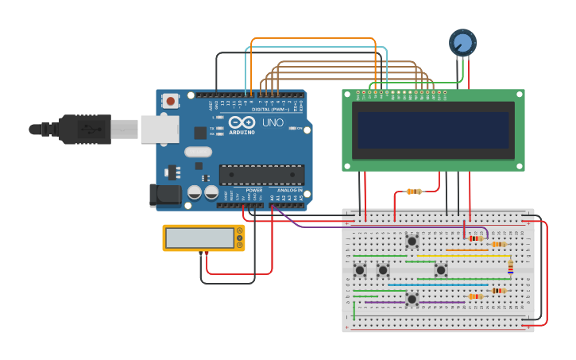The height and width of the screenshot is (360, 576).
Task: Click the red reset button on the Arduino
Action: pyautogui.click(x=170, y=101)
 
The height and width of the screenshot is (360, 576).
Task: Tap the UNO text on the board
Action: pyautogui.click(x=273, y=123)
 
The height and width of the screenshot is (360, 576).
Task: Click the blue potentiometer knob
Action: pyautogui.click(x=462, y=42)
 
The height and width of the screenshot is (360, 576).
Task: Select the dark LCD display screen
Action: pyautogui.click(x=433, y=130)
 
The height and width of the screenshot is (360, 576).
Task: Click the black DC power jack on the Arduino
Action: pyautogui.click(x=163, y=195)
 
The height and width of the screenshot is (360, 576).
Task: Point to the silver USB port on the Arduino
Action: pyautogui.click(x=160, y=129)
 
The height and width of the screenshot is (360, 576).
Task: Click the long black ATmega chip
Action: pyautogui.click(x=261, y=174)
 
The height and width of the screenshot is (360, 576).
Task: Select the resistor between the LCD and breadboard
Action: pyautogui.click(x=413, y=192)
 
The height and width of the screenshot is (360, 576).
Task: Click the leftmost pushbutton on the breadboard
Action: pyautogui.click(x=360, y=270)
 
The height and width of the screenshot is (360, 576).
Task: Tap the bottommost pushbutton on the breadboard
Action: pyautogui.click(x=412, y=299)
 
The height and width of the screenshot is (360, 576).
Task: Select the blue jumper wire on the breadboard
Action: pyautogui.click(x=437, y=285)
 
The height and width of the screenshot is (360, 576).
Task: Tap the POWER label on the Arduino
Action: pyautogui.click(x=254, y=191)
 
